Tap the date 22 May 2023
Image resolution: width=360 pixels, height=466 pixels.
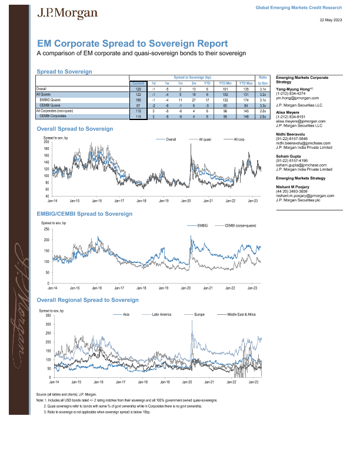pyautogui.click(x=331, y=20)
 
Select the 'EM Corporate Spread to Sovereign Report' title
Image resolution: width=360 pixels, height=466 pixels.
pyautogui.click(x=132, y=44)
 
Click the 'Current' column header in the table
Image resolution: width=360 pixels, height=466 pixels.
pyautogui.click(x=138, y=84)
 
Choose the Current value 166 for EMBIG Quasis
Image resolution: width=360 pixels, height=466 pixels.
pyautogui.click(x=138, y=99)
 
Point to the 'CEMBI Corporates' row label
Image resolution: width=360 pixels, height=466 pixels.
pyautogui.click(x=54, y=116)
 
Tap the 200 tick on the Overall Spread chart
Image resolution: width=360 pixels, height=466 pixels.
pyautogui.click(x=46, y=142)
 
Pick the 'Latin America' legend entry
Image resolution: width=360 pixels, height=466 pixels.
pyautogui.click(x=161, y=315)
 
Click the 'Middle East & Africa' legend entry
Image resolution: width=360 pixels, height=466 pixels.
pyautogui.click(x=237, y=315)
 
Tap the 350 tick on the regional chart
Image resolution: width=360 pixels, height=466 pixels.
pyautogui.click(x=46, y=316)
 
